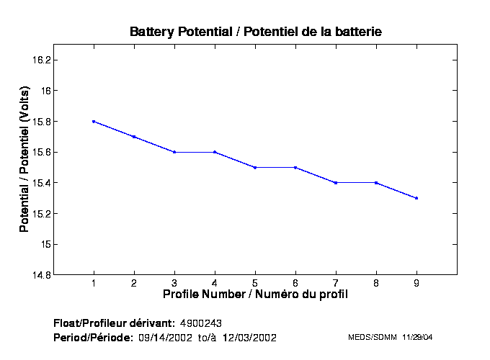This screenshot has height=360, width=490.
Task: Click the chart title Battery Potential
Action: point(256,32)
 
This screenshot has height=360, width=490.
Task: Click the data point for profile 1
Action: point(94,122)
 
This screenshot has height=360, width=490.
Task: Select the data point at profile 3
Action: point(174,152)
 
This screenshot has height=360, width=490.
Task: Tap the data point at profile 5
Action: point(255,167)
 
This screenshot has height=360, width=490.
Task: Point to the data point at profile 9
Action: point(416,198)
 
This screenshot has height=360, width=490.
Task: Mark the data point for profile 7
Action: point(336,183)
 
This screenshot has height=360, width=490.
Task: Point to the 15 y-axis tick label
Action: point(44,244)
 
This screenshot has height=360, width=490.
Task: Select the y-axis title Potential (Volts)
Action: point(24,160)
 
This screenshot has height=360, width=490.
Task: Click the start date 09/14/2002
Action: point(165,337)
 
